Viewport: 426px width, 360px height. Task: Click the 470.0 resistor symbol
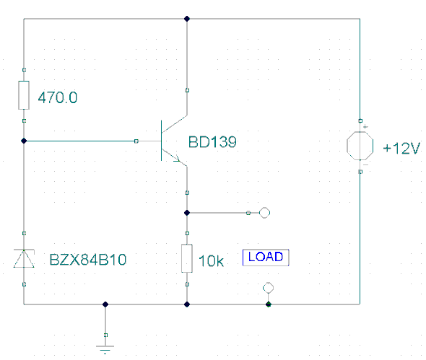[x=24, y=95]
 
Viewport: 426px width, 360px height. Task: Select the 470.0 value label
[x=58, y=97]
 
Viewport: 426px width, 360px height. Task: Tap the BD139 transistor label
[x=212, y=142]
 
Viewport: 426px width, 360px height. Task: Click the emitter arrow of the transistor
[x=177, y=158]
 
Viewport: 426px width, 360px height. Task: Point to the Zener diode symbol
[x=24, y=258]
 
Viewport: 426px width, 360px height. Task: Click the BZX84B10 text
[x=88, y=260]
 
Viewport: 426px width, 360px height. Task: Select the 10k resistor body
[x=187, y=258]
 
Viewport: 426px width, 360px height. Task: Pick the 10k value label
[x=211, y=261]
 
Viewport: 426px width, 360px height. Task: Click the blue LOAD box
[x=266, y=258]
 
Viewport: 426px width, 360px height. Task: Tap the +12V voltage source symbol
[x=360, y=146]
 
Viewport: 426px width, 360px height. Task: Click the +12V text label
[x=401, y=149]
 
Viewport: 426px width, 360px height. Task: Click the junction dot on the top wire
[x=187, y=19]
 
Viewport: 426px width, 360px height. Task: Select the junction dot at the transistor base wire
[x=24, y=141]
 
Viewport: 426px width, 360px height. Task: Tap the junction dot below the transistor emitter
[x=187, y=213]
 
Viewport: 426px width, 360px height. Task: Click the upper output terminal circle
[x=264, y=213]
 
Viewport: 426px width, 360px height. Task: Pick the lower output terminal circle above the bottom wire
[x=268, y=288]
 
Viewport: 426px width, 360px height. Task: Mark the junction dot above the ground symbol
[x=105, y=304]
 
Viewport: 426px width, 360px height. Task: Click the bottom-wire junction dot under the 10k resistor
[x=187, y=304]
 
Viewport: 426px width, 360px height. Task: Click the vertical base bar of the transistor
[x=162, y=141]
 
